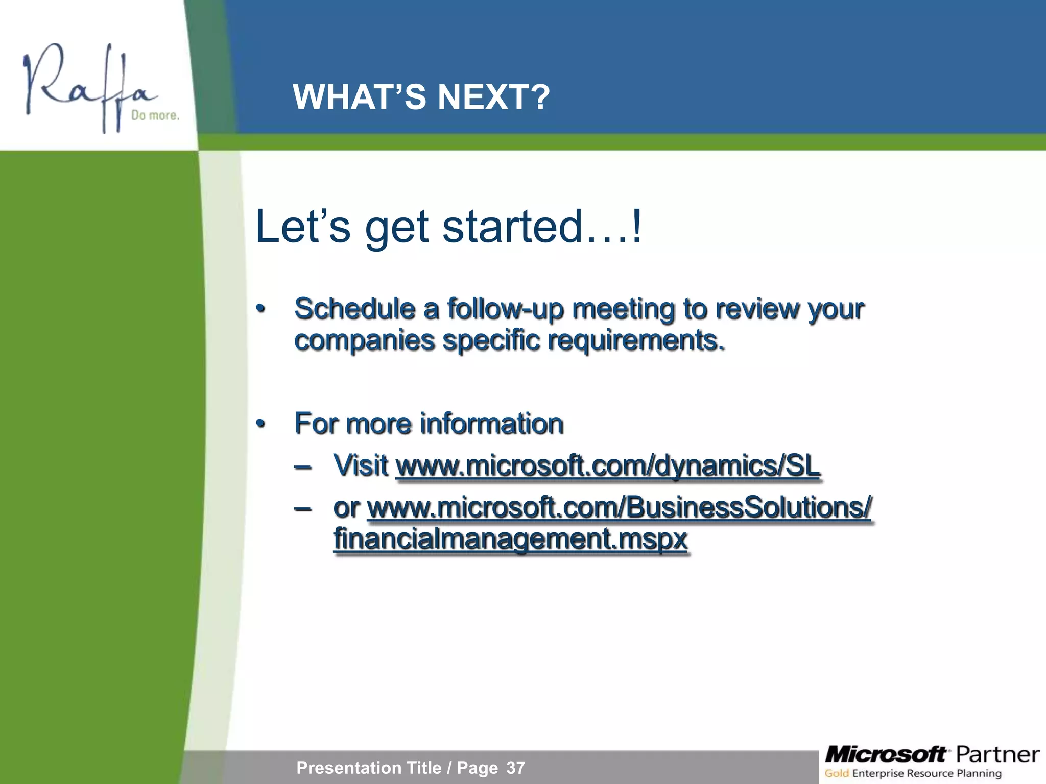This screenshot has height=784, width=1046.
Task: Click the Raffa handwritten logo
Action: point(87,87)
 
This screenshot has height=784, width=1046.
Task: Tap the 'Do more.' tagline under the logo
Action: point(155,115)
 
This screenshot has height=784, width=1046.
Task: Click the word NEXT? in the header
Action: point(493,97)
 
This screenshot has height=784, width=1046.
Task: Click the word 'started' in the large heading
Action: point(512,226)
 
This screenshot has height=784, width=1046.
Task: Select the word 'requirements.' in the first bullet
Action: point(636,340)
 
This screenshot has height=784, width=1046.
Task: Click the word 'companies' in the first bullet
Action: point(364,340)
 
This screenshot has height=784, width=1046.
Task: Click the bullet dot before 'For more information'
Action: point(261,424)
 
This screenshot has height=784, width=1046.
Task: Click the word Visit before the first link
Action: point(361,465)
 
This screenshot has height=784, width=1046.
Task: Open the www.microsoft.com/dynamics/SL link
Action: point(608,466)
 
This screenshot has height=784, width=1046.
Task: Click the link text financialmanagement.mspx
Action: point(510,539)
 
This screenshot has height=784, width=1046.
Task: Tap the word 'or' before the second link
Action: point(346,507)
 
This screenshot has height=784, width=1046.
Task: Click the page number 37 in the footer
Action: point(515,768)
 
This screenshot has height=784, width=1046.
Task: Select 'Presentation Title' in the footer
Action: point(369,768)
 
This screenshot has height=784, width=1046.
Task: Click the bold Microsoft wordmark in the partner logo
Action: point(886,754)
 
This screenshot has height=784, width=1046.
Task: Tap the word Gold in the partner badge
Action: point(837,773)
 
